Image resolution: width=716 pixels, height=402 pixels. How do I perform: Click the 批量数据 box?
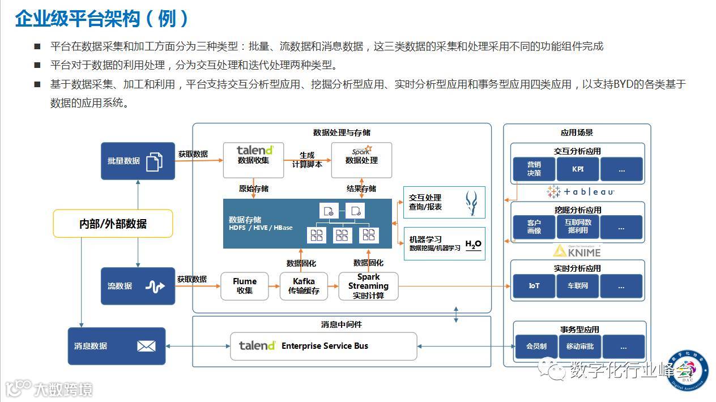[x=138, y=161]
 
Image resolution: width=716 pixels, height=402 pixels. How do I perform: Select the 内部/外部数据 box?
[x=113, y=224]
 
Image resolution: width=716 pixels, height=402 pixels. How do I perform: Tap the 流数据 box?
[x=138, y=286]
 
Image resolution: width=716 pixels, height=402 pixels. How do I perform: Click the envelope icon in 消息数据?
[x=146, y=346]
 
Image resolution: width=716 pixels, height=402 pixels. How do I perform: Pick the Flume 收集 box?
[x=245, y=286]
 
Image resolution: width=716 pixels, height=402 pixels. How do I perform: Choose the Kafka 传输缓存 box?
[x=304, y=286]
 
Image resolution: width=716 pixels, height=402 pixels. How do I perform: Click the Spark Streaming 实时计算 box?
[x=368, y=286]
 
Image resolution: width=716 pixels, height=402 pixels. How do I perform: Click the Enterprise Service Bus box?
[x=323, y=346]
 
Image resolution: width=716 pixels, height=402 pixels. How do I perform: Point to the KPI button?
[x=577, y=169]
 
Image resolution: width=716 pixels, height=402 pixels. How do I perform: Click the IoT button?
[x=534, y=286]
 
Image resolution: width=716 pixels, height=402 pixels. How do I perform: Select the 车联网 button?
[x=577, y=286]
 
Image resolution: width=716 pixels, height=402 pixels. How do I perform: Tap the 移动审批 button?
[x=579, y=347]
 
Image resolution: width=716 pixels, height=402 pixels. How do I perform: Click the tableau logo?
[x=581, y=192]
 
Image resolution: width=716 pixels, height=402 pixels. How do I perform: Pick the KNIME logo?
[x=577, y=250]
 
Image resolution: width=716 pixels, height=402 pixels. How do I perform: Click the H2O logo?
[x=473, y=245]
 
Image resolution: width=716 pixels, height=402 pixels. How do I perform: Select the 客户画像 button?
[x=534, y=227]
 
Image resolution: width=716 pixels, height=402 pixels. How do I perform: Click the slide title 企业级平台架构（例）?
[x=102, y=19]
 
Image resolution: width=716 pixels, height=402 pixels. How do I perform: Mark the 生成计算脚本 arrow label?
[x=307, y=160]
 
